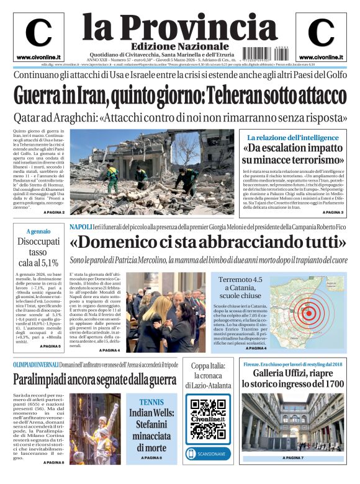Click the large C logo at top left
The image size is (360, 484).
tap(38, 33)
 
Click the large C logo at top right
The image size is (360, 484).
tap(321, 33)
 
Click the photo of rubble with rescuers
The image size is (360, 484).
tap(152, 172)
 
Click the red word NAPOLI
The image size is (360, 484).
tap(81, 227)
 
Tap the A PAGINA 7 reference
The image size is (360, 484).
tap(292, 458)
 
